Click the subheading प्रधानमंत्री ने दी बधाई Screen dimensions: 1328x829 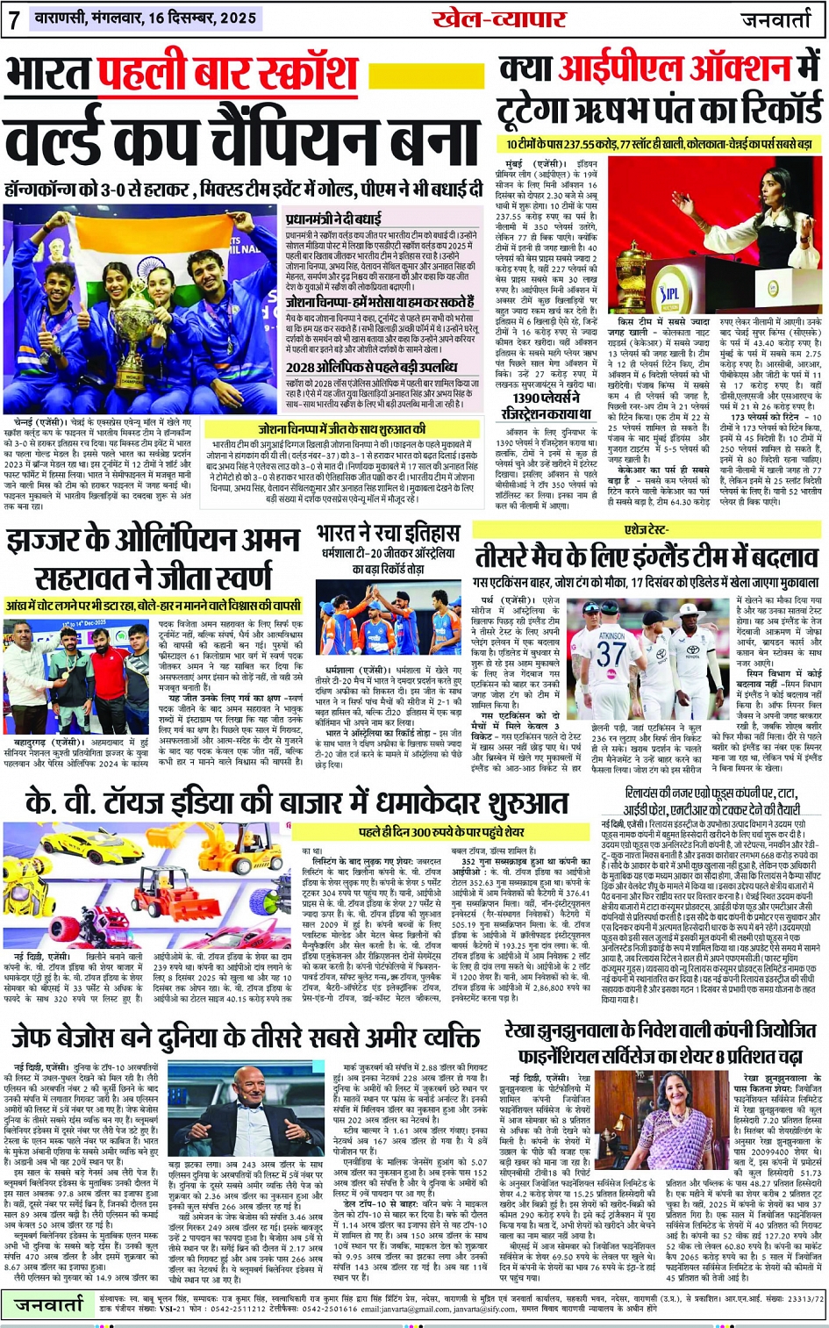pos(332,219)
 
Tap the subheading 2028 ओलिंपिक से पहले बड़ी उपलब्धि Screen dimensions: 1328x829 pos(371,367)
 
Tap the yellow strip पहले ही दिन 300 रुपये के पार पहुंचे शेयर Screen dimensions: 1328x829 pos(442,831)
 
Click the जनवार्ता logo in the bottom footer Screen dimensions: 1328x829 pos(49,1305)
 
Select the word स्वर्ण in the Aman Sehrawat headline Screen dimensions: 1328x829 pos(239,578)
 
